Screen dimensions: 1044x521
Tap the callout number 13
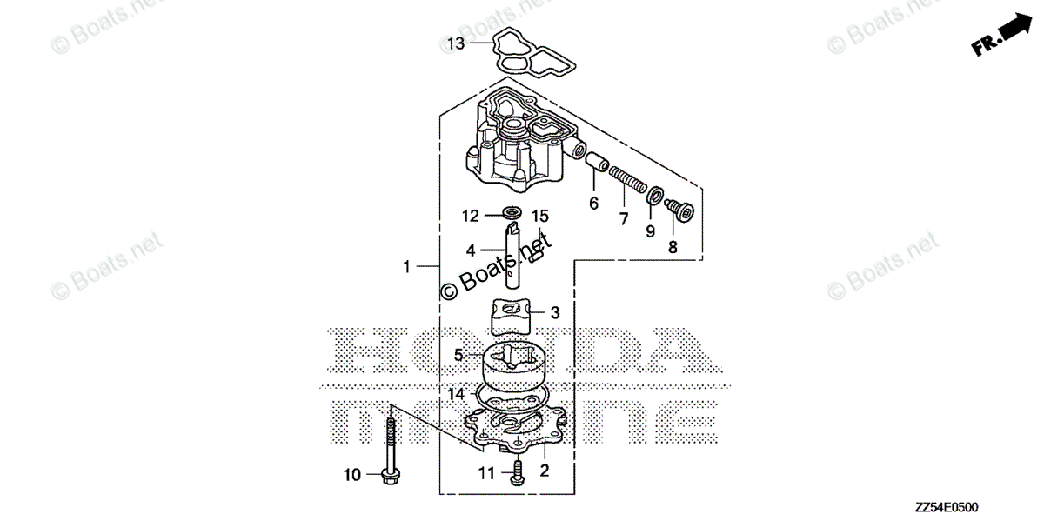pyautogui.click(x=456, y=43)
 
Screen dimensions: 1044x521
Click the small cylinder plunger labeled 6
pyautogui.click(x=597, y=162)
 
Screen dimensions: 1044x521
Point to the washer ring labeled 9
pyautogui.click(x=655, y=195)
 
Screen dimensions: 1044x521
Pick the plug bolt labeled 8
pyautogui.click(x=679, y=210)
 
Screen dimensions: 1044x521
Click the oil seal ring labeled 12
pyautogui.click(x=512, y=213)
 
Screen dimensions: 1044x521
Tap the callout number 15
pyautogui.click(x=540, y=217)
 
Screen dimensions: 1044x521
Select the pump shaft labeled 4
pyautogui.click(x=512, y=256)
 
